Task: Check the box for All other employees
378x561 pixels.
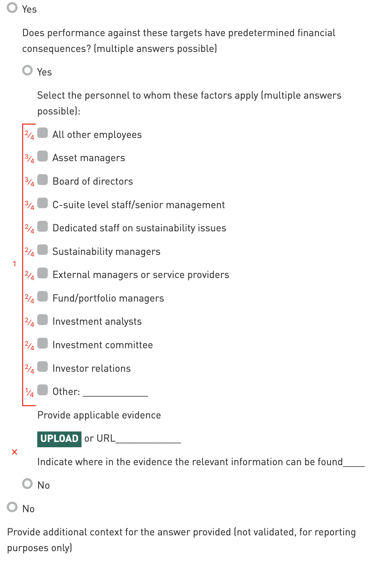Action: click(43, 133)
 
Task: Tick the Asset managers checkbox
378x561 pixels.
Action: click(43, 156)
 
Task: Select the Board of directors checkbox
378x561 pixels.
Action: click(43, 180)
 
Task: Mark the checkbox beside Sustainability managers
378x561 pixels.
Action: click(43, 250)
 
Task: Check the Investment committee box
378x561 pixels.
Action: click(43, 343)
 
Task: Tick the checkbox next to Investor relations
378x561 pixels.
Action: click(43, 367)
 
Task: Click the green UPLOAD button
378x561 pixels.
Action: click(59, 439)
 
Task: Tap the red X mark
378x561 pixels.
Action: click(14, 452)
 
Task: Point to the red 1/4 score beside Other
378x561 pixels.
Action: click(30, 392)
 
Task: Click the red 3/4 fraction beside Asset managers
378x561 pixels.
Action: click(30, 159)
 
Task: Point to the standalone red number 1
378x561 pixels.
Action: click(14, 264)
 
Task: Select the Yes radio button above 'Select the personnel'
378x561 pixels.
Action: click(27, 71)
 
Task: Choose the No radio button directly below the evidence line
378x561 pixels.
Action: click(27, 484)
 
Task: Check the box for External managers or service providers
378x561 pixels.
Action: click(43, 273)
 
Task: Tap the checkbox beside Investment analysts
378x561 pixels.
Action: click(43, 320)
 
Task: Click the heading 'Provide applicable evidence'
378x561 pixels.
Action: click(99, 415)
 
